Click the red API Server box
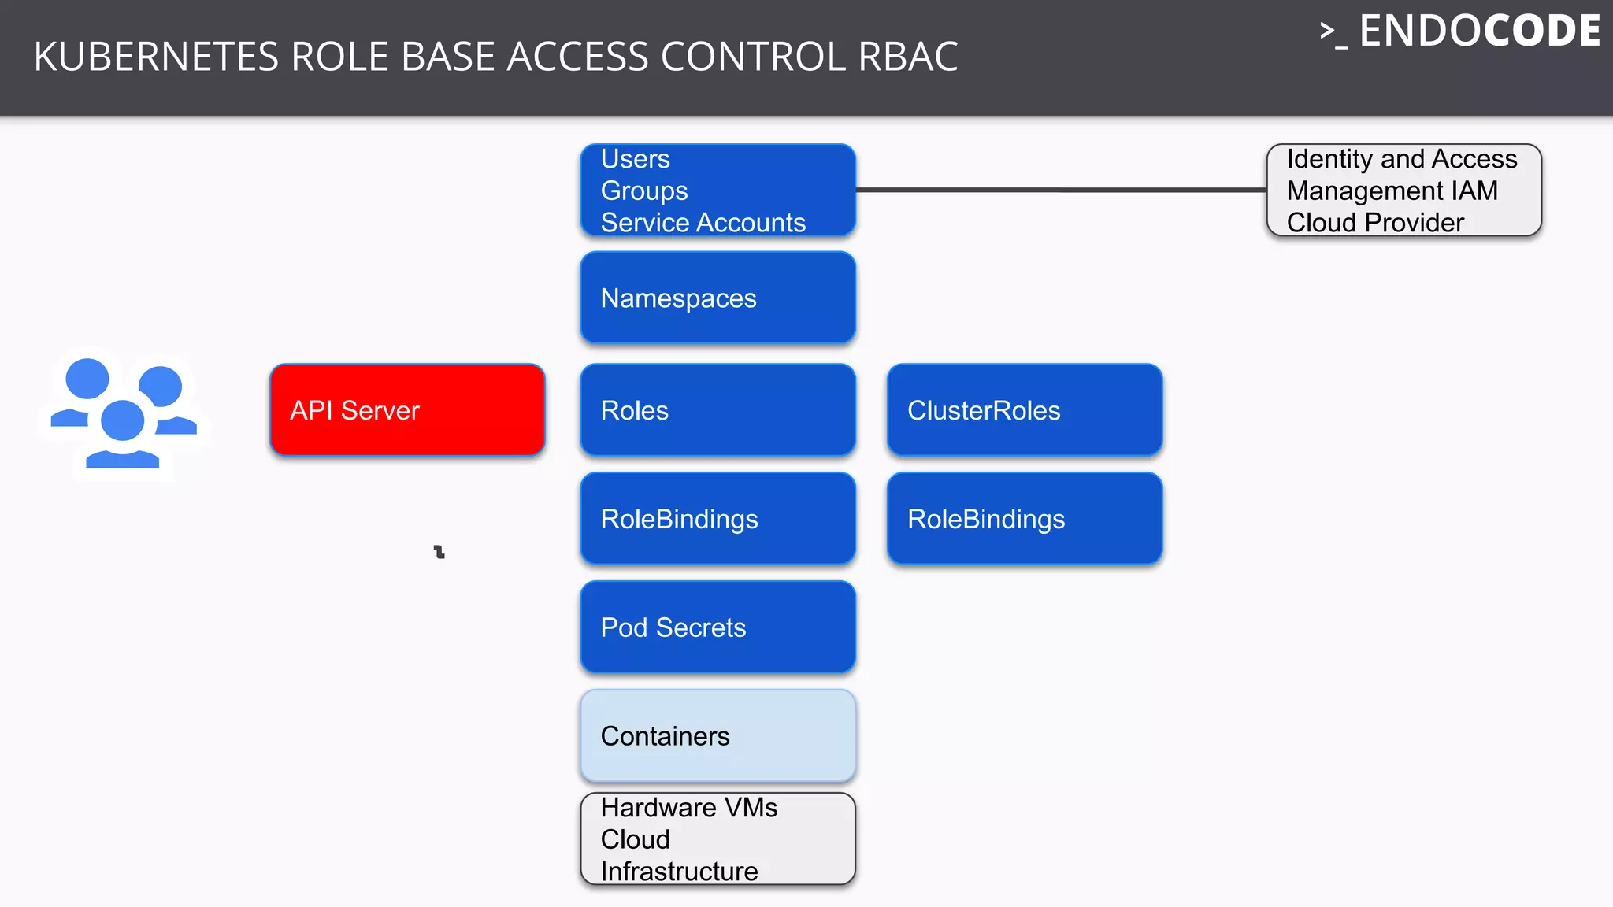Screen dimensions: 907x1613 point(407,409)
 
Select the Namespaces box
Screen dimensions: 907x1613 point(718,298)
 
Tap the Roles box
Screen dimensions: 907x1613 point(718,409)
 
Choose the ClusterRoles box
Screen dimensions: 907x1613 point(1024,409)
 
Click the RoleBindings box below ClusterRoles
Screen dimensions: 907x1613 point(1024,518)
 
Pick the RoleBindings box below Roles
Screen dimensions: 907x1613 point(718,518)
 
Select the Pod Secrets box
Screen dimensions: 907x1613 point(718,627)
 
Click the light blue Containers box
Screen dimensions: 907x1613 point(718,735)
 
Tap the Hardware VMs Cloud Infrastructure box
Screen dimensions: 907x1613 point(718,839)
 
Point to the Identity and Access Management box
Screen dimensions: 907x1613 point(1403,190)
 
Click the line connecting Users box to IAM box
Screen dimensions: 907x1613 point(1059,190)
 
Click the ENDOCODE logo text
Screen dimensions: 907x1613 point(1478,31)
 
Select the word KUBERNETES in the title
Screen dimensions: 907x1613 point(156,57)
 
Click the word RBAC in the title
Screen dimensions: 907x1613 point(907,57)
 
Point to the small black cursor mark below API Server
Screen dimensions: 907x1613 point(439,552)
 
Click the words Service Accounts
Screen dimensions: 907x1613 point(703,223)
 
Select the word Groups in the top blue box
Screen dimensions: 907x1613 point(644,191)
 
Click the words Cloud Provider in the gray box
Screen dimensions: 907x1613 point(1375,223)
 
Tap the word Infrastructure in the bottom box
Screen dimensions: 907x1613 point(679,871)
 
